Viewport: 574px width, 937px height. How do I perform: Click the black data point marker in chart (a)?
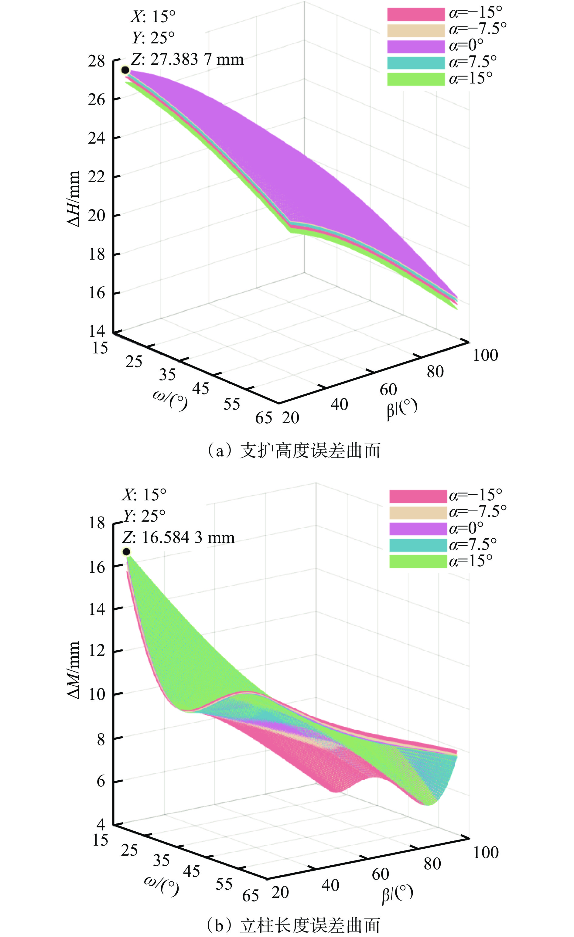(125, 70)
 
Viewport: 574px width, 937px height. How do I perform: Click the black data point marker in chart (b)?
(126, 551)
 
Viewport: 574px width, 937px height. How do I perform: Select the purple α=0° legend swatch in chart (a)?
(416, 46)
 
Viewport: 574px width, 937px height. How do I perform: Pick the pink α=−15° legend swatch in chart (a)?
(416, 14)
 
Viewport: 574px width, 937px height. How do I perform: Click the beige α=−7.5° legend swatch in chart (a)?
(416, 30)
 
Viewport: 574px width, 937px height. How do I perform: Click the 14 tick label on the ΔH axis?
(97, 331)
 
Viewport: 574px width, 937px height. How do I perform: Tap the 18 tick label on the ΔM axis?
(97, 523)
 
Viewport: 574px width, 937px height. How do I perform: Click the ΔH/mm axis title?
(73, 199)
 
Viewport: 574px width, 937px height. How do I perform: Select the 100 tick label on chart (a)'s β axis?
(485, 355)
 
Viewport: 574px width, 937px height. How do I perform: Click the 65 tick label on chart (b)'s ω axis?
(250, 895)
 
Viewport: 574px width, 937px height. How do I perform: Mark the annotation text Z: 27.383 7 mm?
(187, 59)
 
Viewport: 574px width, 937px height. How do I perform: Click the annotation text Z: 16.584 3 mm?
(178, 538)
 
